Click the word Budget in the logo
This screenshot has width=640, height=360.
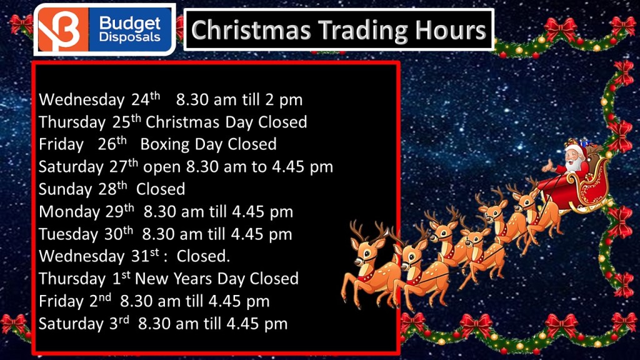tap(130, 24)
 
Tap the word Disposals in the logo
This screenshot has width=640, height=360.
tap(130, 37)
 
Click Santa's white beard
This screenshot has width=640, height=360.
tap(574, 164)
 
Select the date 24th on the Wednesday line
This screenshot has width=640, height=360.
tap(146, 99)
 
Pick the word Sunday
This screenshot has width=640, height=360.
tap(65, 189)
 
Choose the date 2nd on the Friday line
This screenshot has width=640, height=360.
tap(100, 301)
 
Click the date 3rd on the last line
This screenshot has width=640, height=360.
tap(119, 323)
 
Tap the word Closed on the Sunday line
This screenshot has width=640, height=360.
tap(161, 189)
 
